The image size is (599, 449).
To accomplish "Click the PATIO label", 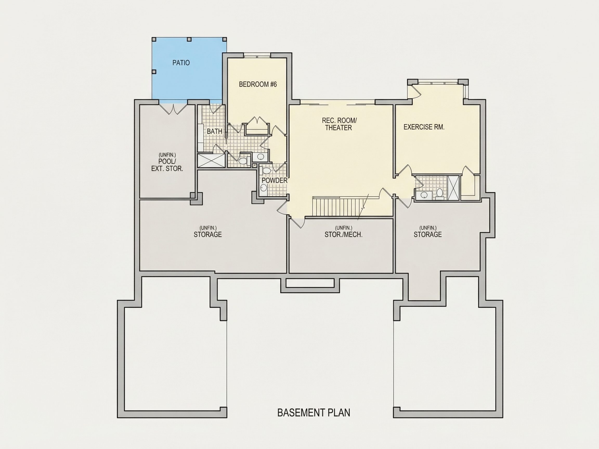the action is [x=181, y=63].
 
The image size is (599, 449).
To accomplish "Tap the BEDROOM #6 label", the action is [x=258, y=84].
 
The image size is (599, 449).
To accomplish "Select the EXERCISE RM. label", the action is [x=424, y=127].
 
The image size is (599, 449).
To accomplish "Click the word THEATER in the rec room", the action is [x=338, y=128].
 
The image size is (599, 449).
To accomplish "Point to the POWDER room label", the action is [x=274, y=181].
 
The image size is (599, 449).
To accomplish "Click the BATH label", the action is [x=214, y=131].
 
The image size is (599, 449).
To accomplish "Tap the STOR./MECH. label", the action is [x=343, y=235].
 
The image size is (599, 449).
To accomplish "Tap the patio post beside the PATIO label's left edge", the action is [x=154, y=72].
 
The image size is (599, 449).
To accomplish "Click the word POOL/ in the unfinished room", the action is [x=167, y=162].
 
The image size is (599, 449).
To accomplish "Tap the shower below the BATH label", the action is [x=211, y=161].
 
